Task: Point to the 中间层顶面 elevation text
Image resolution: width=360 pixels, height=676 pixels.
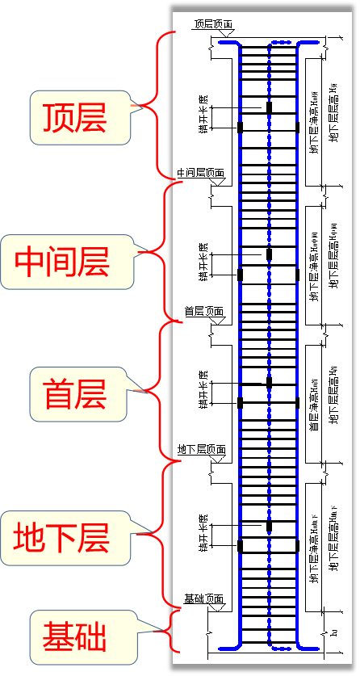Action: [x=201, y=173]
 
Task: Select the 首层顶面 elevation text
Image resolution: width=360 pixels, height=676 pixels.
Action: [x=204, y=311]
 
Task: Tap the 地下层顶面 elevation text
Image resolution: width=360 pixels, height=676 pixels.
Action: [x=202, y=449]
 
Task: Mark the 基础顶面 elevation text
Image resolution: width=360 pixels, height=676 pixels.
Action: [x=204, y=598]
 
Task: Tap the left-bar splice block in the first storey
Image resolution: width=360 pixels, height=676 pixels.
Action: [x=240, y=401]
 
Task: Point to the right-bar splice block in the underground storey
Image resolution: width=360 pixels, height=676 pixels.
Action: [x=298, y=546]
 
